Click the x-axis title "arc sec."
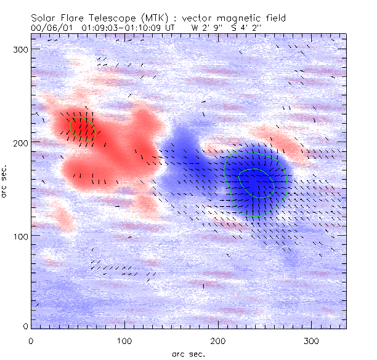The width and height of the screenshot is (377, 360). point(188,354)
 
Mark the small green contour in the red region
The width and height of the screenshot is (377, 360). point(82,128)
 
